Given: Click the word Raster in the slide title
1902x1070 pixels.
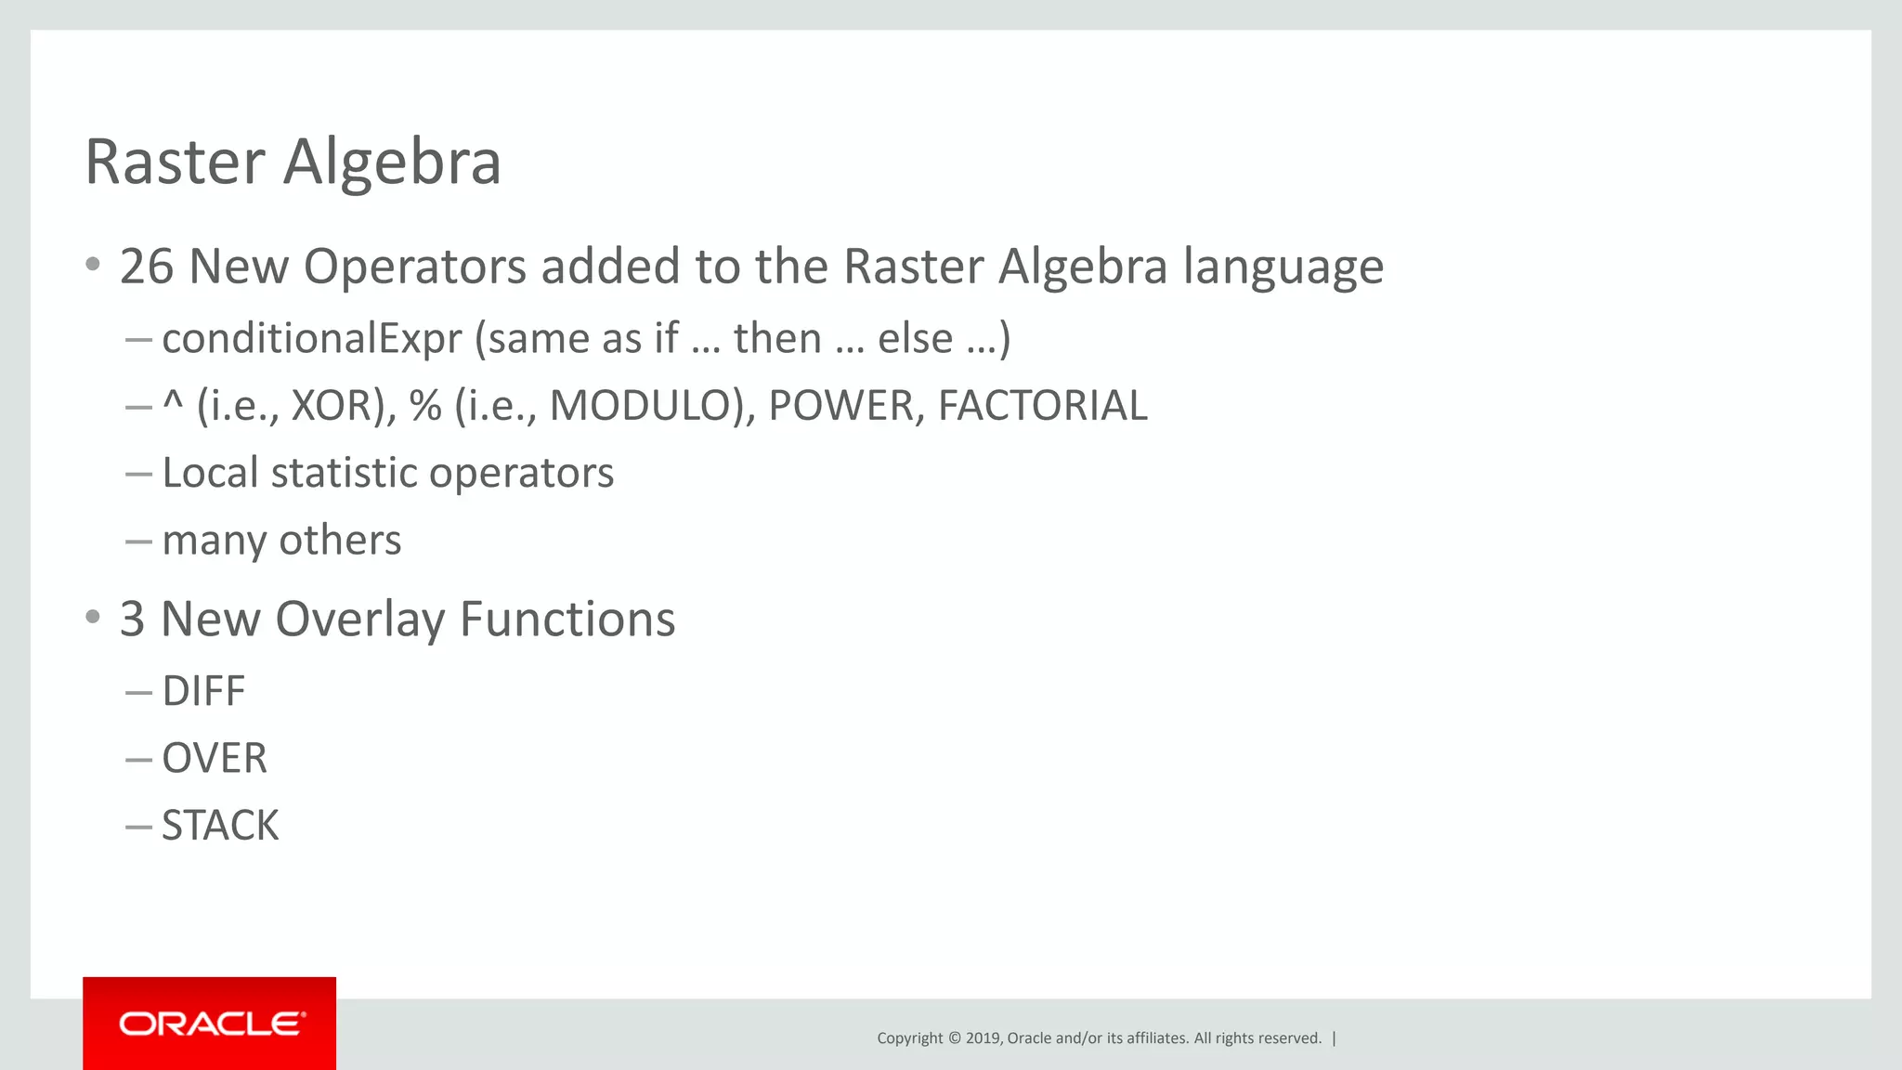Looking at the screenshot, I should [x=175, y=163].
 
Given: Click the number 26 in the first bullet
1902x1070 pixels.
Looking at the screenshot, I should [x=147, y=267].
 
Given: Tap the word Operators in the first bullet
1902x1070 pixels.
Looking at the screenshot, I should [x=415, y=267].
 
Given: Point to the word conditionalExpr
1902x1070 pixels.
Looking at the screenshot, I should [x=312, y=338].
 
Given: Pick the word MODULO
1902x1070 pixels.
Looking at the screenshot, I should [x=645, y=406].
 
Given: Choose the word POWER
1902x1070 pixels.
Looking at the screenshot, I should [x=840, y=406].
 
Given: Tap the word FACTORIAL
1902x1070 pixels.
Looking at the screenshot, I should [x=1042, y=406].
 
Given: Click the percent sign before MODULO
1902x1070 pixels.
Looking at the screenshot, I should [x=425, y=406].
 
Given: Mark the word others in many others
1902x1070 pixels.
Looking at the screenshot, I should [x=341, y=541].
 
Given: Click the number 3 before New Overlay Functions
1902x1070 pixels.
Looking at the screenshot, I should [x=132, y=620].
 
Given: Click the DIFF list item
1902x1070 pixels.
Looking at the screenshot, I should [x=203, y=692].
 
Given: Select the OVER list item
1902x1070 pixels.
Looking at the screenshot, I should [x=215, y=759].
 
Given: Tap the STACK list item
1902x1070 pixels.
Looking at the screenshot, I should [x=220, y=826].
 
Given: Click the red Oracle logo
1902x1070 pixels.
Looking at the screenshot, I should [x=210, y=1024].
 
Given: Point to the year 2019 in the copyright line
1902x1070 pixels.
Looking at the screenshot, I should [x=983, y=1038].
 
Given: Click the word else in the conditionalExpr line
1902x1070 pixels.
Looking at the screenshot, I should [x=916, y=338].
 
